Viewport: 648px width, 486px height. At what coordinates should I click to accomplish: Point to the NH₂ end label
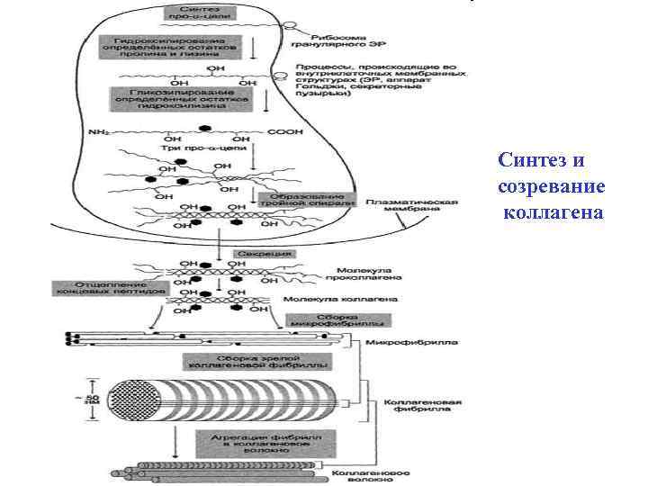pyautogui.click(x=99, y=133)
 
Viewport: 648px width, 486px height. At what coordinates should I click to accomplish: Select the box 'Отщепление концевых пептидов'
pyautogui.click(x=109, y=287)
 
